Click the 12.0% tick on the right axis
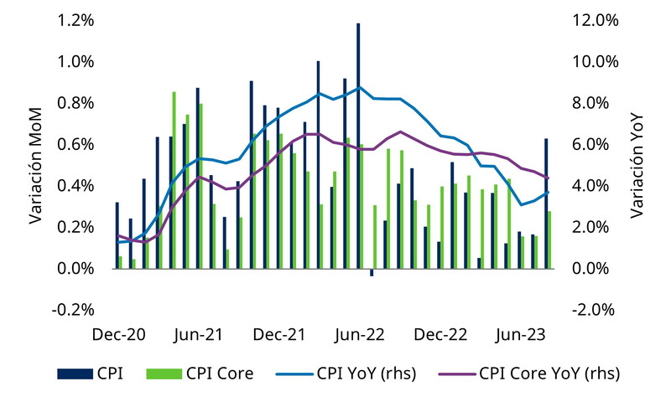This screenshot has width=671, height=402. click(x=594, y=21)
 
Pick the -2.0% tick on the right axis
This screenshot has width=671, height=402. click(x=594, y=310)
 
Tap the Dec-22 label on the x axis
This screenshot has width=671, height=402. click(x=439, y=334)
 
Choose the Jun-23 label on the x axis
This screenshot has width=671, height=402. click(x=519, y=334)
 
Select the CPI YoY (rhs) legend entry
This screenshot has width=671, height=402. click(x=367, y=373)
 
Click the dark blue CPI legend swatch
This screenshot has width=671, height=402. click(x=75, y=373)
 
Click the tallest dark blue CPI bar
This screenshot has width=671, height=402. click(x=358, y=147)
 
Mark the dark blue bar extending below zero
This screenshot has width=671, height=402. click(x=372, y=272)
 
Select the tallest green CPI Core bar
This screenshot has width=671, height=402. click(x=174, y=180)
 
